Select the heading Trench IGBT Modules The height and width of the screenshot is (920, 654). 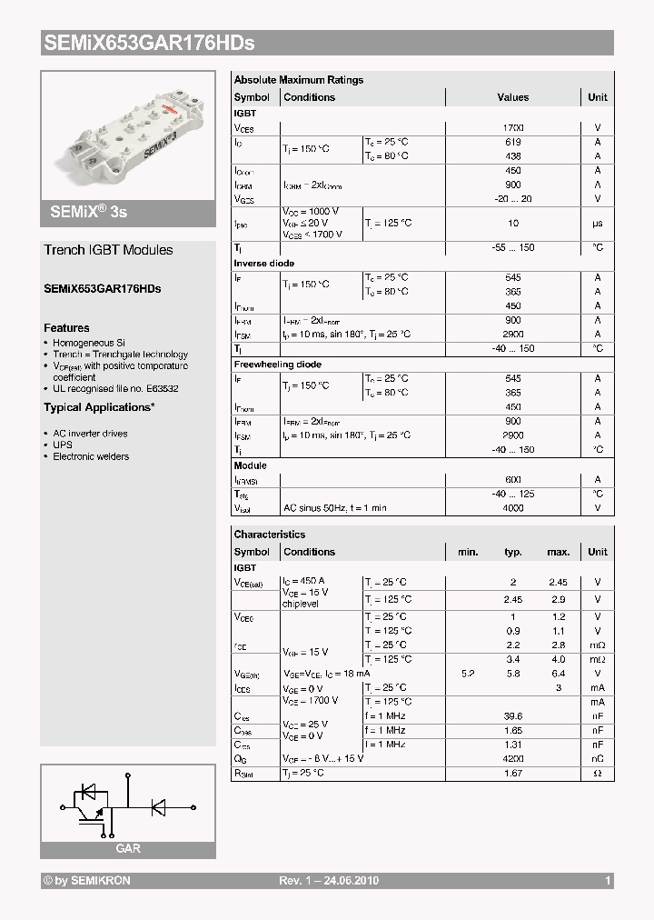pos(108,250)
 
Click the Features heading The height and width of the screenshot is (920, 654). pos(66,327)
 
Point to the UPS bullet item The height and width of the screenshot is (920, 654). pos(62,445)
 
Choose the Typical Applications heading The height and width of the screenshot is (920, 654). pos(99,407)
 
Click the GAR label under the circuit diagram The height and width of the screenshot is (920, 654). pos(127,848)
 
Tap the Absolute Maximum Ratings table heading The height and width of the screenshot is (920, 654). pos(298,80)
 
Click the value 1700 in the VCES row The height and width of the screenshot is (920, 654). pos(513,128)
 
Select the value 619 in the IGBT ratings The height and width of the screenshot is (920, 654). pos(513,143)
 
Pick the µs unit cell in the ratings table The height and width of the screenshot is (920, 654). pos(597,223)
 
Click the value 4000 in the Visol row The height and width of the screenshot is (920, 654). pos(513,508)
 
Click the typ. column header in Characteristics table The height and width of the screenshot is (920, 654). pos(513,552)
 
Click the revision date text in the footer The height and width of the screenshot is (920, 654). pos(328,881)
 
